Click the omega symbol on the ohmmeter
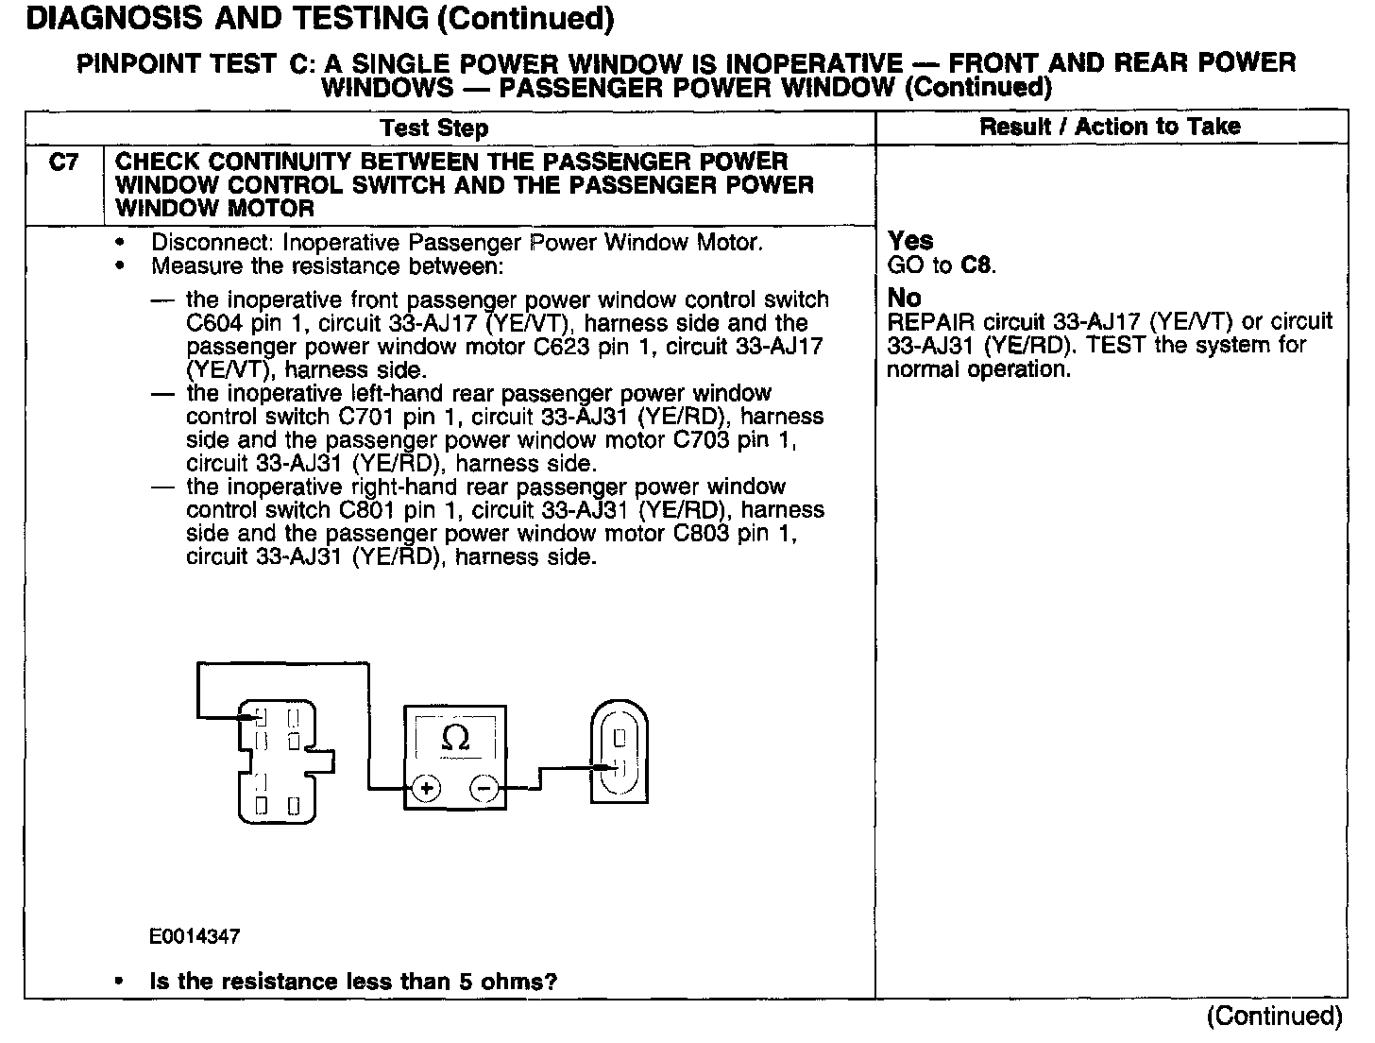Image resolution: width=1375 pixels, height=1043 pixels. coord(456,738)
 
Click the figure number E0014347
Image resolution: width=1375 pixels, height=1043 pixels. coord(195,936)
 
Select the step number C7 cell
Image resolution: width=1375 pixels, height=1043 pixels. coord(63,162)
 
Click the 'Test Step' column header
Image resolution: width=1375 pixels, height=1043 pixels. coord(434,128)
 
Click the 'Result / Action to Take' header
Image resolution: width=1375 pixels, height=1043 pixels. coord(1110,127)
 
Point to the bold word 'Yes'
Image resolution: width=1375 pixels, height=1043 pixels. coord(910,241)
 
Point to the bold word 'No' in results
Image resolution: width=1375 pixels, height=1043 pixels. coord(904,298)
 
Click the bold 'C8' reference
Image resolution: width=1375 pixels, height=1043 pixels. coord(976,265)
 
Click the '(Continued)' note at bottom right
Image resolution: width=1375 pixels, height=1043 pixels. coord(1274,1016)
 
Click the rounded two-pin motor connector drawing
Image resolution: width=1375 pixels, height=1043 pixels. coord(620,751)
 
